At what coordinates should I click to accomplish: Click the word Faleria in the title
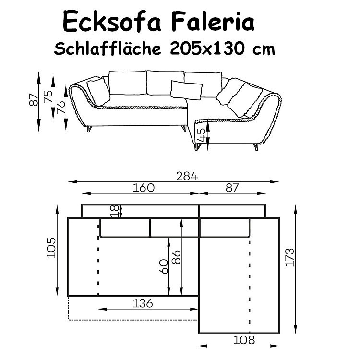click(213, 22)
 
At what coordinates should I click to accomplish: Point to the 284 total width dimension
click(187, 176)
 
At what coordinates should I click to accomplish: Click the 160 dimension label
click(144, 188)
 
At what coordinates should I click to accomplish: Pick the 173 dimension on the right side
click(290, 257)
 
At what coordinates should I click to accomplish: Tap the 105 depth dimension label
click(51, 248)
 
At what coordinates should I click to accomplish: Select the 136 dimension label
click(143, 303)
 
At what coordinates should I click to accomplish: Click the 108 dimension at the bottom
click(244, 340)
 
